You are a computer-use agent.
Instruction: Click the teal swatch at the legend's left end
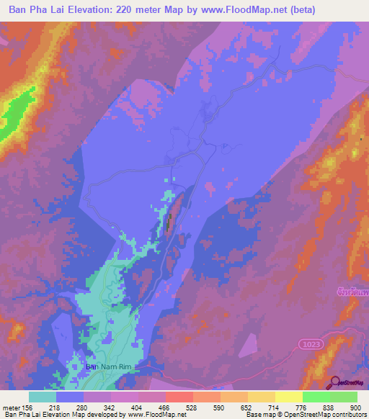point(43,397)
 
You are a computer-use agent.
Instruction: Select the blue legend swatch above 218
point(70,397)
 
